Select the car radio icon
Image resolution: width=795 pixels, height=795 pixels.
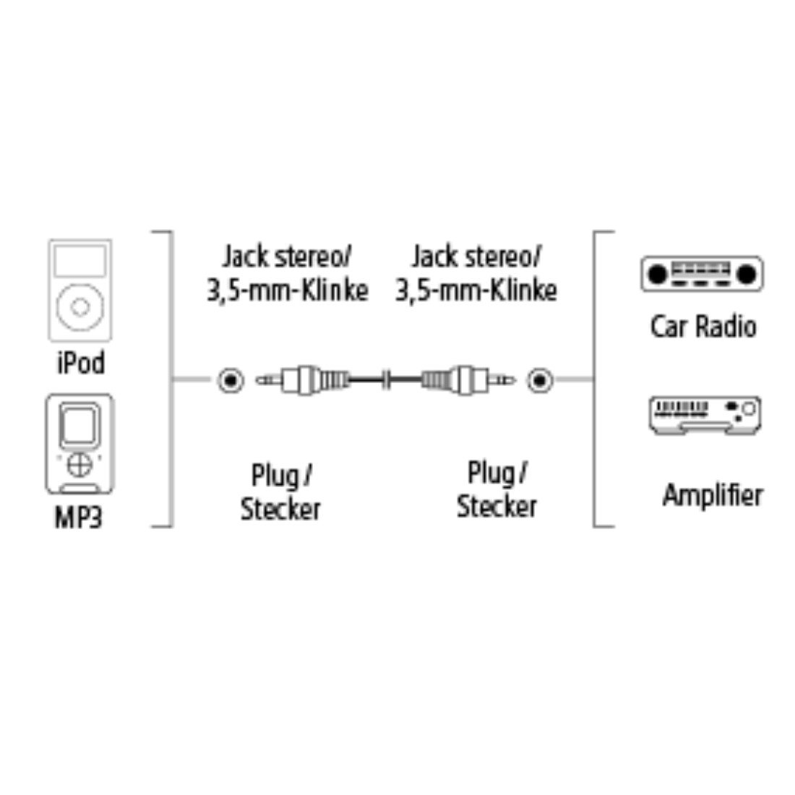pyautogui.click(x=701, y=274)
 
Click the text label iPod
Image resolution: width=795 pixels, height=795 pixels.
pyautogui.click(x=80, y=362)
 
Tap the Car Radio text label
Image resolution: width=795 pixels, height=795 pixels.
pyautogui.click(x=702, y=327)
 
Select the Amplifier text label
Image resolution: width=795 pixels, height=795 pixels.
pyautogui.click(x=713, y=496)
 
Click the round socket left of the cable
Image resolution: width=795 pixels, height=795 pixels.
pyautogui.click(x=231, y=379)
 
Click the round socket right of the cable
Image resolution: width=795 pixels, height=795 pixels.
pyautogui.click(x=539, y=379)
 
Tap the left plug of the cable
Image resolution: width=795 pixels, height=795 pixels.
pyautogui.click(x=304, y=378)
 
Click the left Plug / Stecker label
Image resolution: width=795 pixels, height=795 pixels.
pyautogui.click(x=280, y=492)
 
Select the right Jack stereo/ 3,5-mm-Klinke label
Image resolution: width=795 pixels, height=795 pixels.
pyautogui.click(x=477, y=273)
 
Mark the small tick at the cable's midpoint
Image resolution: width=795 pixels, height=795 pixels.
pyautogui.click(x=388, y=378)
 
